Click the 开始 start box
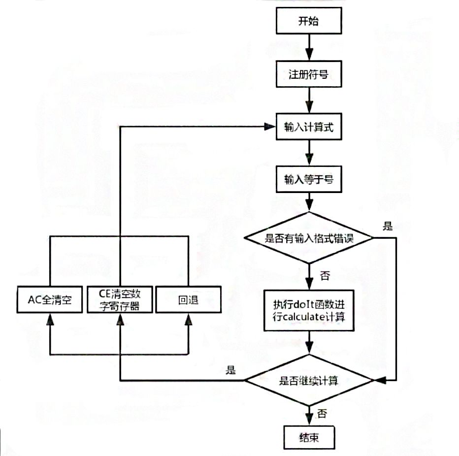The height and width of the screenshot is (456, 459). tap(309, 22)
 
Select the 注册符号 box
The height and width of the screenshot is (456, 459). tap(309, 74)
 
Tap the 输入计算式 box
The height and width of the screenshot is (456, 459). tap(309, 127)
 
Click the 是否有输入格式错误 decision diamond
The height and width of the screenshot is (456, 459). tap(309, 238)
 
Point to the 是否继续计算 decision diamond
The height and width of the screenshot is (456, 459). tap(309, 380)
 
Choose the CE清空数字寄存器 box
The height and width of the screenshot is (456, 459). tap(119, 299)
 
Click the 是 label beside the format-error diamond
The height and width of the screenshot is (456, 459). tap(388, 226)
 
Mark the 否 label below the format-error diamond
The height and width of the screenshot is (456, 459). tap(325, 276)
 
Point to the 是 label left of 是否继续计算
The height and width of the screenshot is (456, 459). tap(230, 370)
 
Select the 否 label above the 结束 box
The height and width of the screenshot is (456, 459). tap(322, 413)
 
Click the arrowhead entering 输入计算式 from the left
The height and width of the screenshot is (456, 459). tap(269, 127)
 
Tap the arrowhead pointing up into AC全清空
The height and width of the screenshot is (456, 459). tap(50, 319)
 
